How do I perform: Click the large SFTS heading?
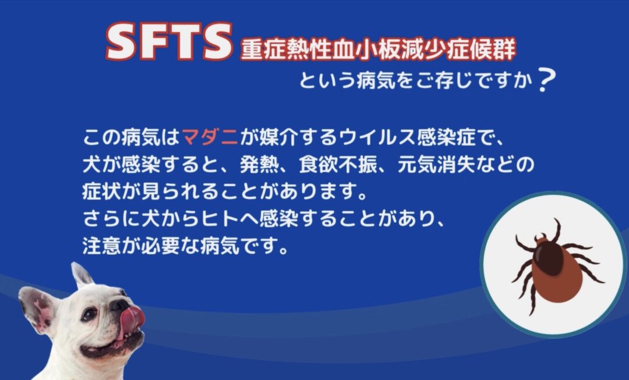169,41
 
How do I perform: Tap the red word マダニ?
211,138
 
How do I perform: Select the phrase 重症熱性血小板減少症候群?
378,49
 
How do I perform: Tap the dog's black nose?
119,305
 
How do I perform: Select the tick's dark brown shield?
550,258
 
